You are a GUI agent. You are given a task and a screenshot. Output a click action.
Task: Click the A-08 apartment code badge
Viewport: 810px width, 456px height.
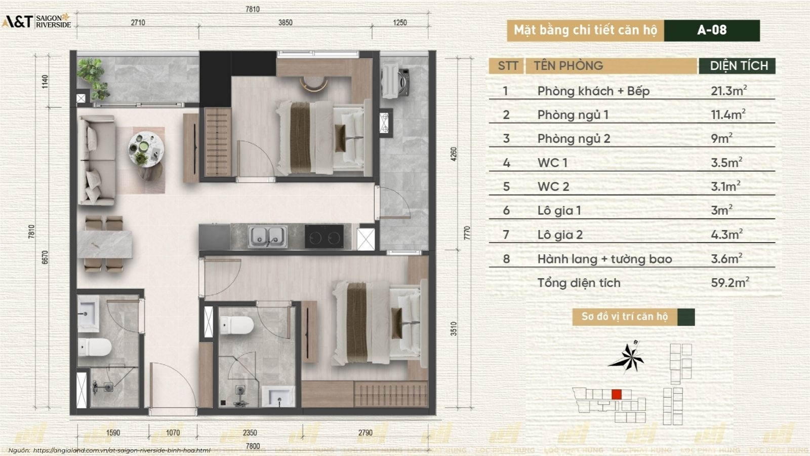pos(712,30)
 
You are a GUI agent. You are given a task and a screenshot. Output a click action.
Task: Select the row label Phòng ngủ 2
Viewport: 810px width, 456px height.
pos(574,139)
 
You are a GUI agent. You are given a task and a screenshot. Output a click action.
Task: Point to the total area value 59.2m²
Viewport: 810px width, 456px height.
pos(730,282)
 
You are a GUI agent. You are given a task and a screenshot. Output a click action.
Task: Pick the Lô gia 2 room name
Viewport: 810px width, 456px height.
pos(560,235)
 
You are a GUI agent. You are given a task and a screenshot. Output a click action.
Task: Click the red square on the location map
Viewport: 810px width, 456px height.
pos(617,394)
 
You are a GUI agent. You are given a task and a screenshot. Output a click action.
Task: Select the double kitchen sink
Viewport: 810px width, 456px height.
pos(268,237)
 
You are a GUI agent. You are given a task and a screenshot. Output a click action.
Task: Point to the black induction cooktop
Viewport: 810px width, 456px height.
pos(324,236)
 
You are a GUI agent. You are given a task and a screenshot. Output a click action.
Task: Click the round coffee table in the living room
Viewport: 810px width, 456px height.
pos(146,149)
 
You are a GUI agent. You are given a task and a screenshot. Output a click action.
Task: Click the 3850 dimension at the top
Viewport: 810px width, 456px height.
pos(286,22)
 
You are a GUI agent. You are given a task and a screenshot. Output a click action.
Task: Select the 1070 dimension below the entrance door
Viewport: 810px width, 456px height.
pos(173,433)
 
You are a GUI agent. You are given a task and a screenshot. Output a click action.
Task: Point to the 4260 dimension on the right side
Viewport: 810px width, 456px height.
pos(454,154)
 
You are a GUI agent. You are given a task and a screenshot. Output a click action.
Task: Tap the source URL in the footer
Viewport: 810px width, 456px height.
pos(121,450)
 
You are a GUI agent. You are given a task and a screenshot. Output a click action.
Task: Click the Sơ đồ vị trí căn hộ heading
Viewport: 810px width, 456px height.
pos(625,317)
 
